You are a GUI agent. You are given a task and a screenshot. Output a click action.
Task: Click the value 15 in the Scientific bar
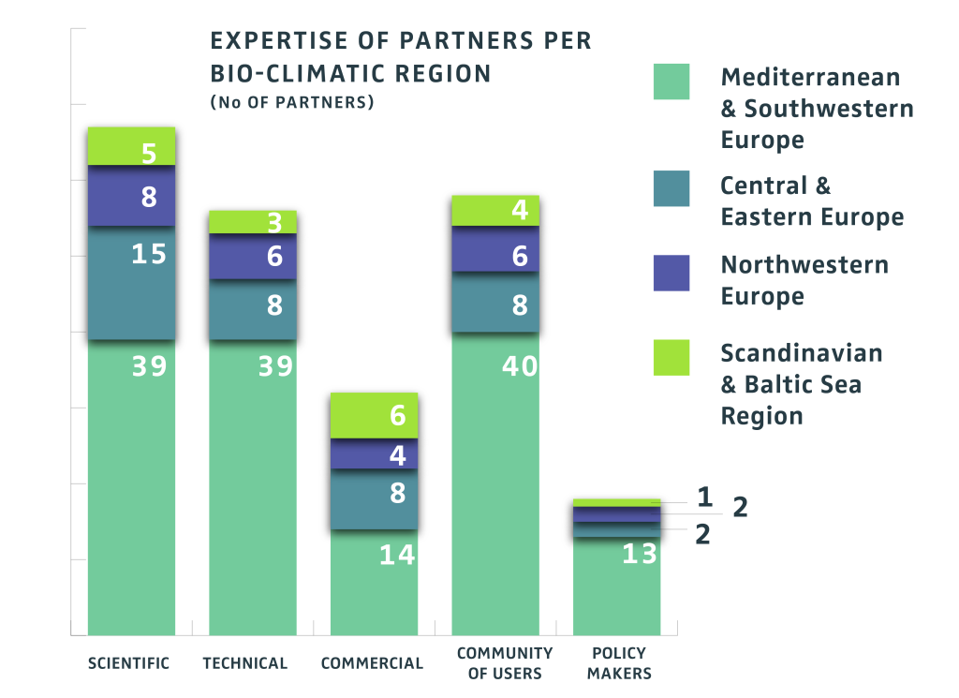149,254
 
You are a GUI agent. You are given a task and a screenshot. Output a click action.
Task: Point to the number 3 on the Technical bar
274,223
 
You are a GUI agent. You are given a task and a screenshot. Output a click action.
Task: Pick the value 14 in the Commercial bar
397,555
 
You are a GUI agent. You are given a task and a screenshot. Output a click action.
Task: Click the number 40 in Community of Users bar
520,365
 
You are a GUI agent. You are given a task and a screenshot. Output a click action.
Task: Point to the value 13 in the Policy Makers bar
640,554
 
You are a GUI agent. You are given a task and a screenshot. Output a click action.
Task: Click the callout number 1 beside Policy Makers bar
705,498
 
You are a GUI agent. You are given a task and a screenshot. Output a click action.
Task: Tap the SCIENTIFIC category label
128,663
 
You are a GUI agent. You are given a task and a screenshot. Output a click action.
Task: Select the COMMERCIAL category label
372,663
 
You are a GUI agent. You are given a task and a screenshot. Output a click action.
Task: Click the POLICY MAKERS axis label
619,663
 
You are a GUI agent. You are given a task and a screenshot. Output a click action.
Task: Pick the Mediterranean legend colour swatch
671,82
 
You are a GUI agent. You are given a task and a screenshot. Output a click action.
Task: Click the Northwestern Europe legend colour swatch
671,273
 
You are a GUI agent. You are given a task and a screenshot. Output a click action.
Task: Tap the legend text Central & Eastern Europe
811,201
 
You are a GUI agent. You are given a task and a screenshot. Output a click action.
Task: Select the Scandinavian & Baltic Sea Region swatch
671,357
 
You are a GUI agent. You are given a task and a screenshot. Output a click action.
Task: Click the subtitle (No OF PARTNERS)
292,102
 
